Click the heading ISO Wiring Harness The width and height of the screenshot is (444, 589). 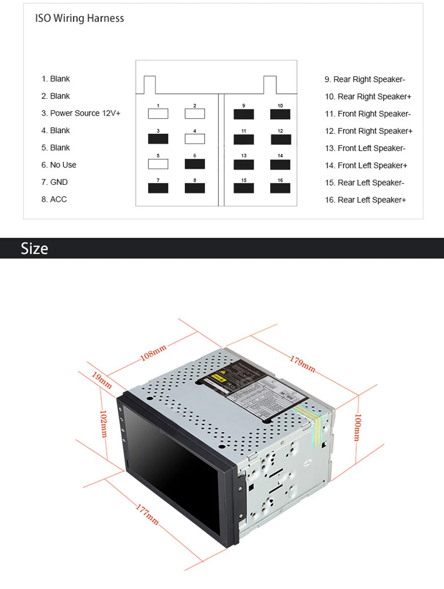pyautogui.click(x=79, y=18)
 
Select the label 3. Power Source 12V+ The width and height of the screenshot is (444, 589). pyautogui.click(x=81, y=113)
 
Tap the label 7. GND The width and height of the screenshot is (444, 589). pyautogui.click(x=54, y=182)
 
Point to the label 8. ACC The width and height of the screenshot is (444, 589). pyautogui.click(x=54, y=200)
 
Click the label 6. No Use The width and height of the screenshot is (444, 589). pyautogui.click(x=59, y=165)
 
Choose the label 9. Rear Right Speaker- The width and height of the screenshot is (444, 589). pyautogui.click(x=365, y=80)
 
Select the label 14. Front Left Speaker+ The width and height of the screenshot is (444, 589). pyautogui.click(x=366, y=166)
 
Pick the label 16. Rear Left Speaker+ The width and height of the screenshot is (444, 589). pyautogui.click(x=365, y=200)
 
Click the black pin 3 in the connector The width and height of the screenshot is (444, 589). pyautogui.click(x=158, y=139)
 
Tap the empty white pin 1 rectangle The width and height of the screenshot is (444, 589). pyautogui.click(x=158, y=114)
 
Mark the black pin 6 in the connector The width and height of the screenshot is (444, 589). pyautogui.click(x=194, y=164)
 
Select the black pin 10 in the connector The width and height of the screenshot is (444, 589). pyautogui.click(x=280, y=114)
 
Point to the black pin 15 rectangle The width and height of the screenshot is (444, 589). pyautogui.click(x=244, y=188)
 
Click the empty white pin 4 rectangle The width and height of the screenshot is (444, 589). pyautogui.click(x=194, y=139)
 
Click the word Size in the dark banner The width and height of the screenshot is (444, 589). pyautogui.click(x=34, y=248)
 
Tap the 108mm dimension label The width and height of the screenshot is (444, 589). pyautogui.click(x=153, y=353)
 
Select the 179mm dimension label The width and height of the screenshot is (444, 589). pyautogui.click(x=303, y=364)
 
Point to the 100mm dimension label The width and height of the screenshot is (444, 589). pyautogui.click(x=357, y=427)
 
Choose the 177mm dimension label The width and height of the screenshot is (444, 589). pyautogui.click(x=147, y=514)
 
